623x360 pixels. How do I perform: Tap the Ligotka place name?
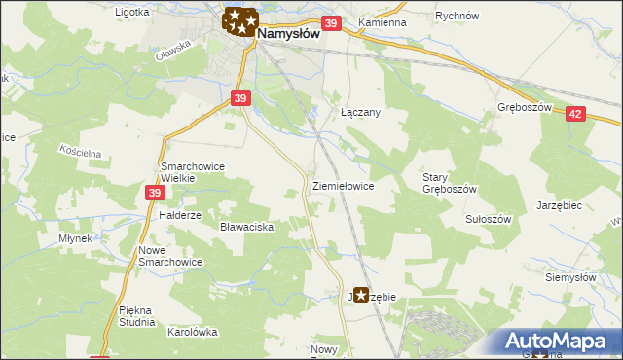[x=131, y=13]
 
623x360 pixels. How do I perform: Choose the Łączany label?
[x=360, y=112]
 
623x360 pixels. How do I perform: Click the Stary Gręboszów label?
[x=449, y=183]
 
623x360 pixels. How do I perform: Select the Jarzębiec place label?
[x=559, y=206]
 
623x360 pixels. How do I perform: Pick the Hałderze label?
[x=180, y=216]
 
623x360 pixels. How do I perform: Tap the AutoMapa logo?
[x=560, y=342]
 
